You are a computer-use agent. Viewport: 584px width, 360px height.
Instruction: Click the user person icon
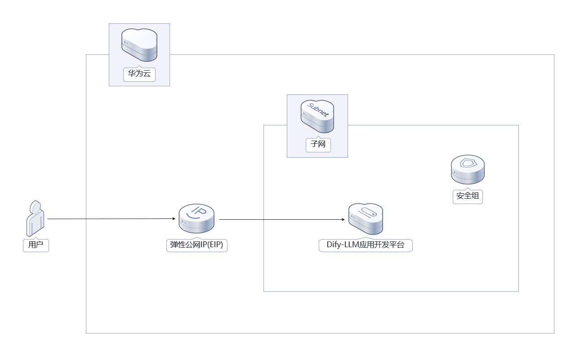tap(35, 219)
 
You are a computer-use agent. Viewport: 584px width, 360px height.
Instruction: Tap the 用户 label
tap(36, 245)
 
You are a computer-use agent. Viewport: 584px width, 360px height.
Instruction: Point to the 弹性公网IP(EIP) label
tap(196, 245)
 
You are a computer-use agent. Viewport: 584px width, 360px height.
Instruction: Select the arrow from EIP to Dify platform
tap(281, 220)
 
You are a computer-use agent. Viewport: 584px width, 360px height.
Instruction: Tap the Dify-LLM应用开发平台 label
tap(365, 245)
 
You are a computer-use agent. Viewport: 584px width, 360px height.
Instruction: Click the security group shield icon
tap(468, 169)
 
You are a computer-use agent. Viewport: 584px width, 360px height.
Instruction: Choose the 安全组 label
tap(468, 196)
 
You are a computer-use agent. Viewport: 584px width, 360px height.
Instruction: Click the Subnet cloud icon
tap(317, 116)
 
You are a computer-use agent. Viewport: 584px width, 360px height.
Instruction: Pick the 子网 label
tap(318, 145)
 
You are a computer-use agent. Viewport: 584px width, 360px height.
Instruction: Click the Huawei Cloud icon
tap(139, 44)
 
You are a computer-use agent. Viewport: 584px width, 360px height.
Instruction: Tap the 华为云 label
tap(139, 74)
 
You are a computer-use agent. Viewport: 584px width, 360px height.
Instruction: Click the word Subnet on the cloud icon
tap(318, 110)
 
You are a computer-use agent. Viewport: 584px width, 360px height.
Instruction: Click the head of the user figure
tap(36, 207)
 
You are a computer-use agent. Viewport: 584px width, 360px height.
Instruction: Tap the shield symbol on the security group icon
tap(468, 163)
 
